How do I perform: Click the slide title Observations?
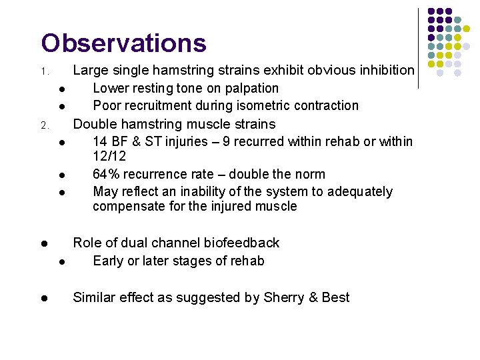[123, 43]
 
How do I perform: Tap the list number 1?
[43, 71]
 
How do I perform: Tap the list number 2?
[43, 125]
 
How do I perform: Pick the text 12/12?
[109, 156]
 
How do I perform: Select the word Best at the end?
[335, 297]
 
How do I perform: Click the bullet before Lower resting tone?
[61, 89]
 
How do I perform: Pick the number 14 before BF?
[100, 141]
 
